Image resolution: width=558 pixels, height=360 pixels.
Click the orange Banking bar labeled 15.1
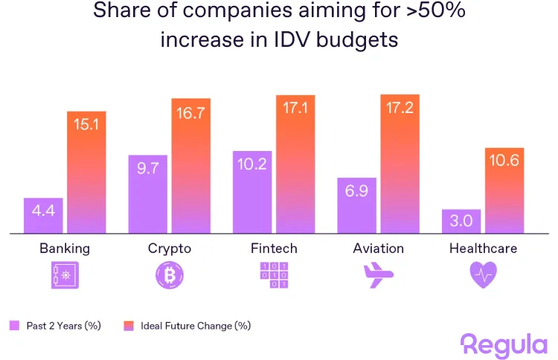(87, 173)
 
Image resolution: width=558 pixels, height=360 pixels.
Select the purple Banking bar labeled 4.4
(43, 216)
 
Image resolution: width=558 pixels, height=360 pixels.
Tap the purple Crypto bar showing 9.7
(147, 194)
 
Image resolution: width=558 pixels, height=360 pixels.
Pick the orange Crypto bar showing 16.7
(191, 166)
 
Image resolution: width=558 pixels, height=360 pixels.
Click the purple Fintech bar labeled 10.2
(251, 192)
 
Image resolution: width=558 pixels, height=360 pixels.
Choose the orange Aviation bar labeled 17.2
(400, 164)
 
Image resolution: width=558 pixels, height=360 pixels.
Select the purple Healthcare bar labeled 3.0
(461, 222)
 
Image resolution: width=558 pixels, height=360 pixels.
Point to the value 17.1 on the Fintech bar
(295, 109)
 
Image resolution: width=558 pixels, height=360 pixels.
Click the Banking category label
(65, 248)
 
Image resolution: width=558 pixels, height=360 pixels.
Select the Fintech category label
(273, 248)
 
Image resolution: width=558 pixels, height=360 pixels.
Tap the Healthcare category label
(483, 248)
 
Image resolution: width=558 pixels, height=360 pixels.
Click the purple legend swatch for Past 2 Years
(14, 326)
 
